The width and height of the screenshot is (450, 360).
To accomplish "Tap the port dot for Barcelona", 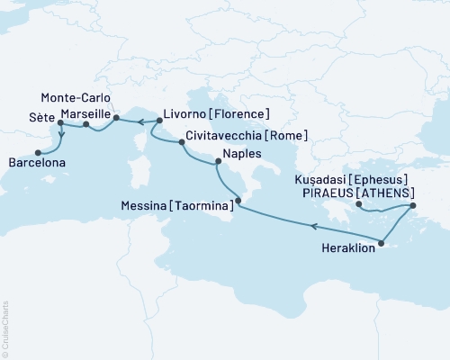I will [38, 152].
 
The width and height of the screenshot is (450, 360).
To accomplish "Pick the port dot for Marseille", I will [85, 125].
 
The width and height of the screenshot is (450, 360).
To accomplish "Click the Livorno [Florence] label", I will [215, 114].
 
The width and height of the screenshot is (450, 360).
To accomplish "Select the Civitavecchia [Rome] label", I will [247, 135].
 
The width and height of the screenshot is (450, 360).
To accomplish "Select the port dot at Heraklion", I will [382, 240].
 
